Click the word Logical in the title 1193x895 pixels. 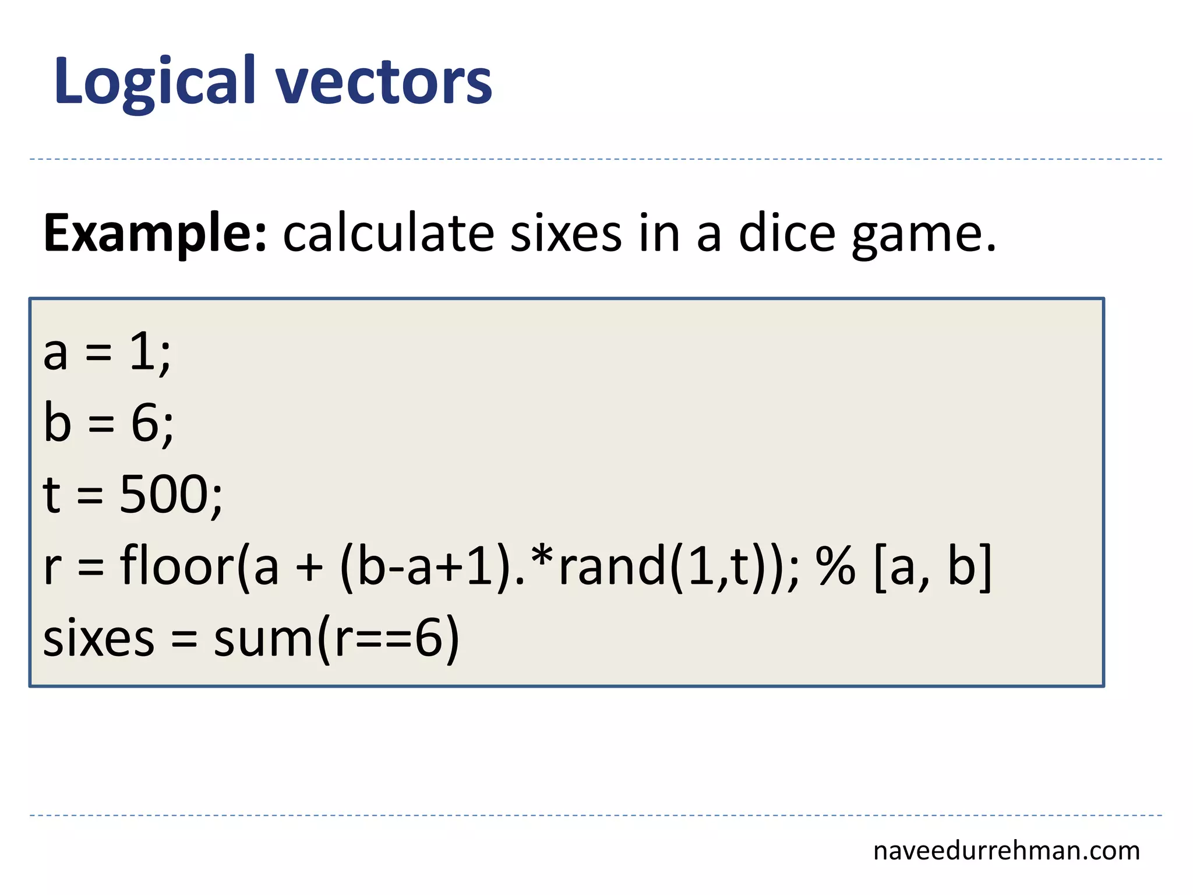tap(155, 82)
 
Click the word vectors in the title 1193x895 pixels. tap(384, 82)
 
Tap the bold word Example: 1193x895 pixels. tap(155, 233)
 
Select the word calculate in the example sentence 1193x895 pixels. tap(389, 233)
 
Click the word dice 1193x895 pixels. tap(787, 233)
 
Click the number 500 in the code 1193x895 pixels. tap(164, 494)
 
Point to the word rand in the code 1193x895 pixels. tap(612, 565)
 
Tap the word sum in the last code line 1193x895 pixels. tap(265, 638)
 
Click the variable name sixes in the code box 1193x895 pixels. tap(98, 638)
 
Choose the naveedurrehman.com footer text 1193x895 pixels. tap(1006, 851)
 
